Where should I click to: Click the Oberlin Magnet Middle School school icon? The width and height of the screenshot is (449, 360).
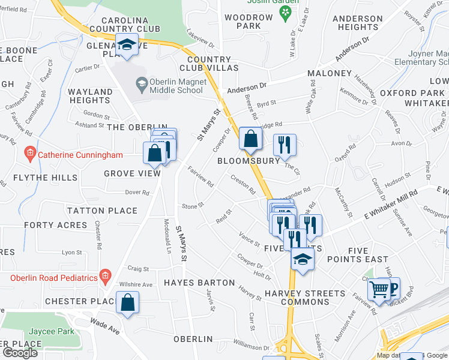coord(142,82)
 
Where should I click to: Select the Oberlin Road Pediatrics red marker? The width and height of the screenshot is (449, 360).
coord(105,277)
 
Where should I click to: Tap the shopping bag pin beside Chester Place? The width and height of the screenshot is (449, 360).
coord(128,303)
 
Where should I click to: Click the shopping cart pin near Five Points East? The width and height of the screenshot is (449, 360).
coord(379,289)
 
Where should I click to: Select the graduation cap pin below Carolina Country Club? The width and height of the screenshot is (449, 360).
coord(127,45)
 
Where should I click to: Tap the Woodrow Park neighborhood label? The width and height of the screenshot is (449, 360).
coord(249,22)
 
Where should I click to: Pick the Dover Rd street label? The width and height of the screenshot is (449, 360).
coord(137,193)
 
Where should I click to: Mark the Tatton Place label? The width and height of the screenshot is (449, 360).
coord(102,211)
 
